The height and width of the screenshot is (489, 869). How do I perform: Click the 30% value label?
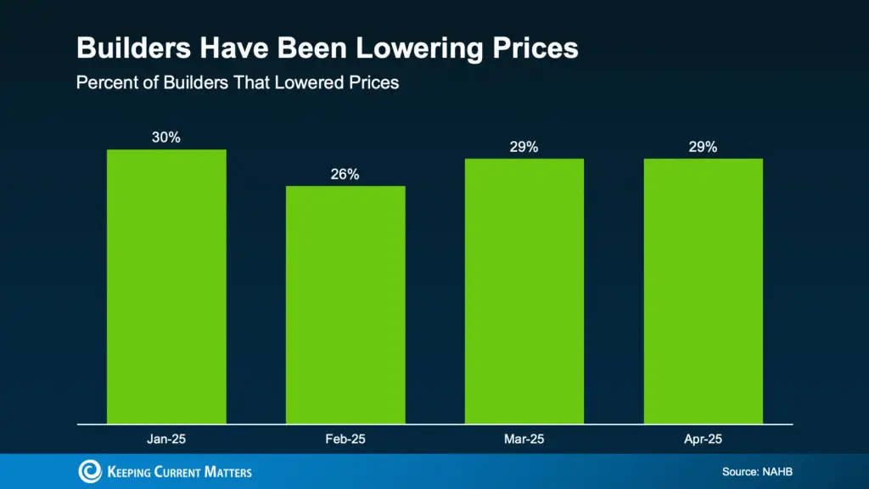coord(166,138)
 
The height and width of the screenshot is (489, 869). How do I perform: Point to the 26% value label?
coord(345,174)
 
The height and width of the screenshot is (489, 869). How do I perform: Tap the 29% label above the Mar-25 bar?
coord(524,147)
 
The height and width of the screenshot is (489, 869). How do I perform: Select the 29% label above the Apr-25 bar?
coord(703,147)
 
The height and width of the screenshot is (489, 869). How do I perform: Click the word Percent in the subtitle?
coord(104,83)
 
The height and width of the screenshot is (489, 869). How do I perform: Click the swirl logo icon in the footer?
coord(89,471)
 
